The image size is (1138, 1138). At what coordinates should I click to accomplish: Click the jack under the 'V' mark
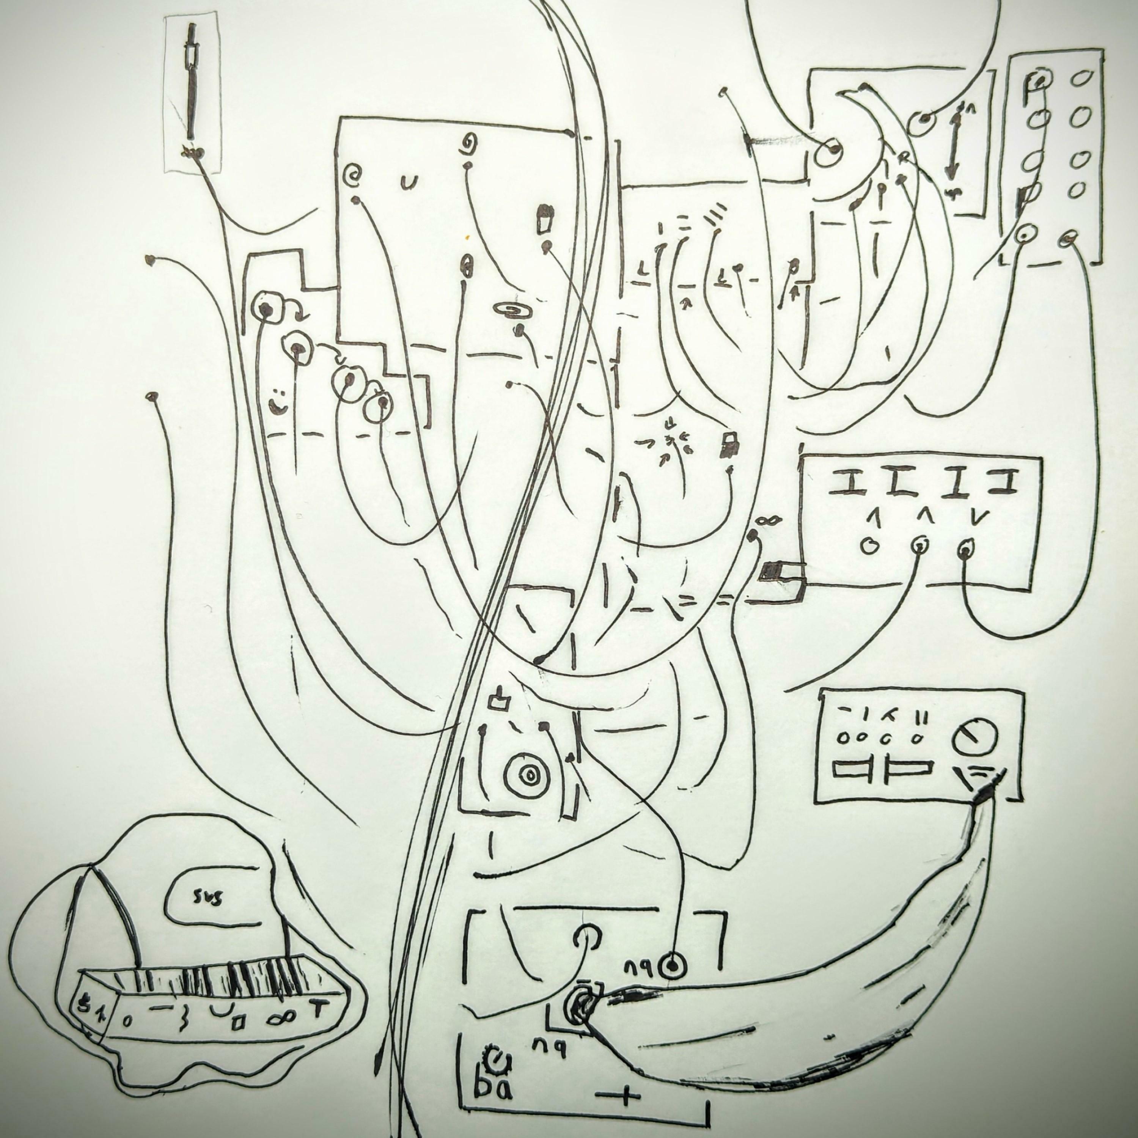[965, 550]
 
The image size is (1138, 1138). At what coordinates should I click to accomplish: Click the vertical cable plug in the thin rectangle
[192, 88]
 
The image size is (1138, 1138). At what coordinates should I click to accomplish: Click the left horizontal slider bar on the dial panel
[851, 769]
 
